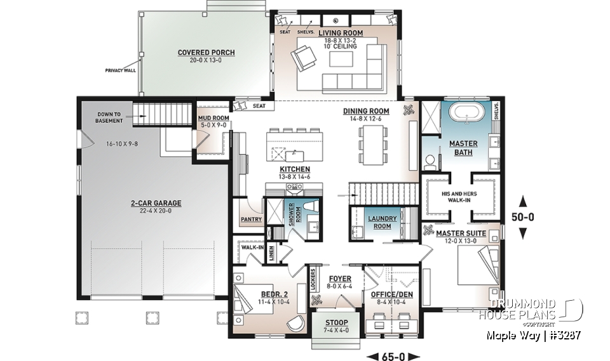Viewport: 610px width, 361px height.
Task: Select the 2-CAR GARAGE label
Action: click(x=156, y=203)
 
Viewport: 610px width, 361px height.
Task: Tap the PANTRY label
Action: click(x=247, y=219)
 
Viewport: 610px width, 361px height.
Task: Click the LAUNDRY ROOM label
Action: click(x=383, y=222)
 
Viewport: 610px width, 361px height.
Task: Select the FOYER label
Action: click(x=335, y=278)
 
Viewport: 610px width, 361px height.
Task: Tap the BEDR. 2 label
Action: click(x=274, y=294)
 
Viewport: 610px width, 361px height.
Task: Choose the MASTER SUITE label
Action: click(x=461, y=233)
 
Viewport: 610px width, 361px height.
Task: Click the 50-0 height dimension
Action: click(x=523, y=216)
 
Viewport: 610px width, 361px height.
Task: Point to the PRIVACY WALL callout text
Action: click(x=121, y=70)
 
